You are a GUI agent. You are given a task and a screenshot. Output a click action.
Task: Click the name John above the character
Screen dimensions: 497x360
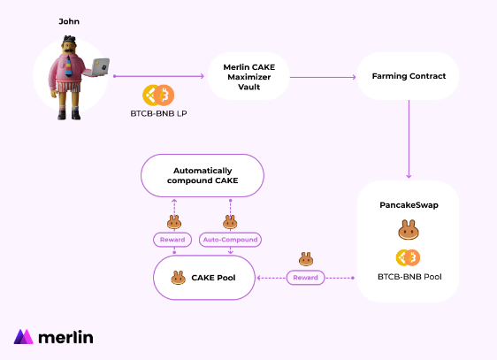(69, 21)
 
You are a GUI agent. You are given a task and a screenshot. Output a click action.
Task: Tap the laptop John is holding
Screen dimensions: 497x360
(98, 67)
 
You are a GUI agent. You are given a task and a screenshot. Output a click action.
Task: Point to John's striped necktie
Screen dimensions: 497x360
(69, 66)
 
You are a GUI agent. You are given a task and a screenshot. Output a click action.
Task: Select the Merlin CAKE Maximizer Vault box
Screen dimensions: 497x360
(248, 76)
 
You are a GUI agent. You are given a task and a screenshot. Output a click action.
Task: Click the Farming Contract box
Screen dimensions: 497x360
(409, 76)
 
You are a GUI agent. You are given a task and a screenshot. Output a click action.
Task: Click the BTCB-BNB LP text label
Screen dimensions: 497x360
(158, 113)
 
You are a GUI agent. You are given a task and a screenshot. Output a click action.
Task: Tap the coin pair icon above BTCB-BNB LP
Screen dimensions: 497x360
(158, 95)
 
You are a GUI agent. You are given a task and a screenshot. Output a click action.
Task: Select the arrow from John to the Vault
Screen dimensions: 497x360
(158, 76)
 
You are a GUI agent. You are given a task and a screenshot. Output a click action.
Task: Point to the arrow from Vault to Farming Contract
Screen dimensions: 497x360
(323, 77)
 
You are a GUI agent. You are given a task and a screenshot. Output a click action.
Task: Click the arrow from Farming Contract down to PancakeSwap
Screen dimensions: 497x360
(409, 139)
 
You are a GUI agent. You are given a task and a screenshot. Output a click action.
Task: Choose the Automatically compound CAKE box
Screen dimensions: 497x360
(203, 175)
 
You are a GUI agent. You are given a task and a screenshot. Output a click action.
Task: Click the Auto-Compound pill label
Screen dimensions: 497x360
(231, 240)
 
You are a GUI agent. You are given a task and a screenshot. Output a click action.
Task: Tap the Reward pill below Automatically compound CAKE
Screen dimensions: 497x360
(172, 240)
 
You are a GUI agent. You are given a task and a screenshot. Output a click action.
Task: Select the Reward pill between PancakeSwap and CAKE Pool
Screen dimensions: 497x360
(306, 278)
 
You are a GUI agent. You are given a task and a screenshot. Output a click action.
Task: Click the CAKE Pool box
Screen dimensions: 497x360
(204, 278)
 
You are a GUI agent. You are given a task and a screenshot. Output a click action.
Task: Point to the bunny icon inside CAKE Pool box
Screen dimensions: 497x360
(178, 278)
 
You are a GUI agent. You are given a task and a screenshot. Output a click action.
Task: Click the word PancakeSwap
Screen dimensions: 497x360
(409, 205)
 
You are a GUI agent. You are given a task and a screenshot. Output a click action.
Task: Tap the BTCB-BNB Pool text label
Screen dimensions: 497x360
(409, 277)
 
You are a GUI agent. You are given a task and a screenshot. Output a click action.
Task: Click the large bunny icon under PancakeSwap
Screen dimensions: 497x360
(409, 229)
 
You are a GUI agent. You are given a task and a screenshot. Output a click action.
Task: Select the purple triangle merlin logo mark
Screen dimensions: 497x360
(24, 336)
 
